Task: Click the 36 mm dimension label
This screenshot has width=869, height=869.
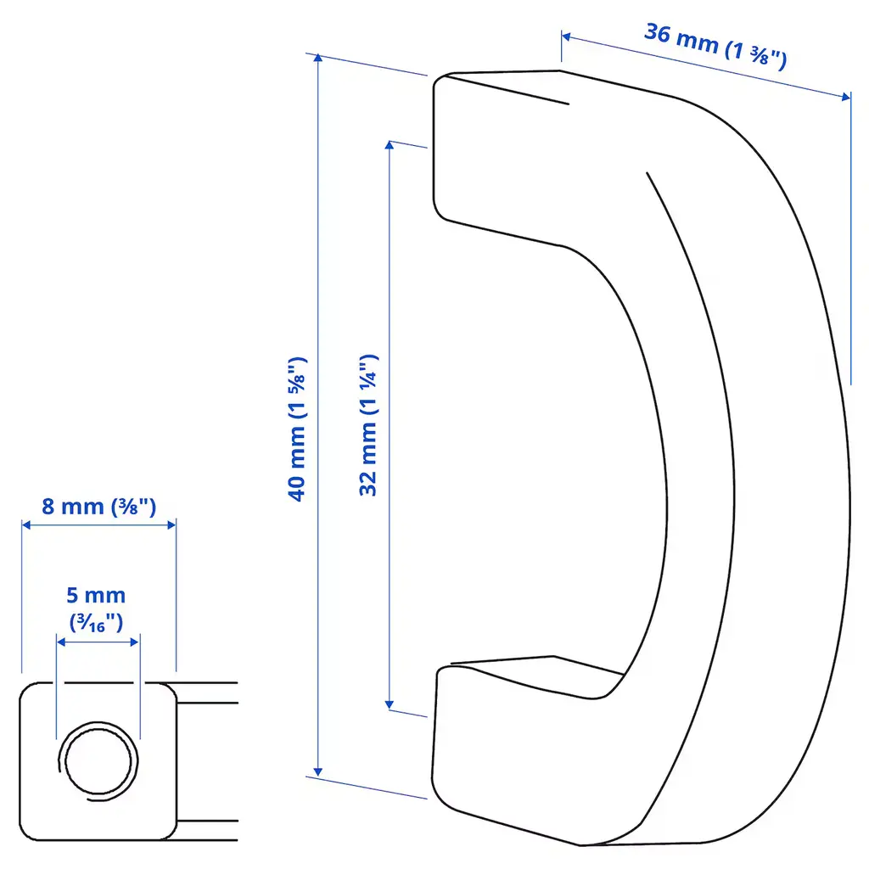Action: point(715,46)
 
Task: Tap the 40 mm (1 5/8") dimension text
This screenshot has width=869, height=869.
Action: point(297,429)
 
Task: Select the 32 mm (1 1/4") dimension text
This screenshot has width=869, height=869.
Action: point(368,425)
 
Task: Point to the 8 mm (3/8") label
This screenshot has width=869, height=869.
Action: point(99,507)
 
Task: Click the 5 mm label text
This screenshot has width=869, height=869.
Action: point(96,595)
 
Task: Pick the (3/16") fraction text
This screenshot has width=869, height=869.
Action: point(97,623)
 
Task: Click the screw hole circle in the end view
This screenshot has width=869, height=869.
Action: point(98,761)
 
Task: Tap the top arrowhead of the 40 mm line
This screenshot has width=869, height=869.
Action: point(317,58)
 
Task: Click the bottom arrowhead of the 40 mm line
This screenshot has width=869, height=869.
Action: point(317,772)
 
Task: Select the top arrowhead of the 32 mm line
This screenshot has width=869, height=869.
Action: point(389,145)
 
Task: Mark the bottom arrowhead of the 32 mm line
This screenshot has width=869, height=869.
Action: point(389,705)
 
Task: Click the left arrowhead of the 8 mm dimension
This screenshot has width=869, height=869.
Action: point(26,524)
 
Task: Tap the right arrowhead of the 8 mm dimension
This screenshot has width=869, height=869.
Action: point(171,524)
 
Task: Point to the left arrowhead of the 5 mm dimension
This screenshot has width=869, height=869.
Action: point(61,642)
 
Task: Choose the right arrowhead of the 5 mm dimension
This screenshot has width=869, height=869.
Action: point(135,642)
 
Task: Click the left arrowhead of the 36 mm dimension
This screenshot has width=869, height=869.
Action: point(566,37)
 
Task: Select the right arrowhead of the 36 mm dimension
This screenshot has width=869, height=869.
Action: point(846,97)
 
